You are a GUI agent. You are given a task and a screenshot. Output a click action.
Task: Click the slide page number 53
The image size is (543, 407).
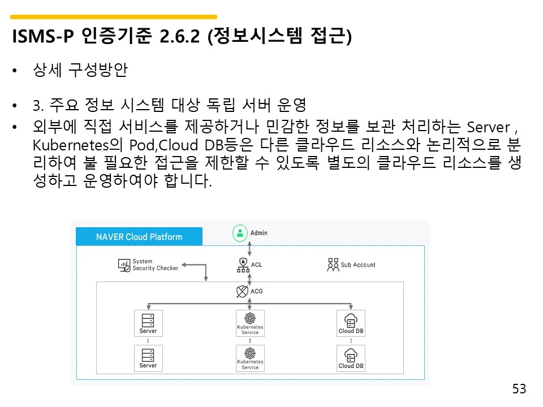coord(519,389)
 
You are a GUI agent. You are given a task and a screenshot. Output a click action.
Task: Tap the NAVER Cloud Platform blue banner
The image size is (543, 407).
coord(139,237)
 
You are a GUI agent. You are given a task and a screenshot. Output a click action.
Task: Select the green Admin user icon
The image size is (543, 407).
coord(241,232)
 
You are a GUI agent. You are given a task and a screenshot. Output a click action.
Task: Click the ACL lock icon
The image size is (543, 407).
coord(243,264)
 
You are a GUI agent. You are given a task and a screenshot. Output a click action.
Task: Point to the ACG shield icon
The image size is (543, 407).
coord(242,292)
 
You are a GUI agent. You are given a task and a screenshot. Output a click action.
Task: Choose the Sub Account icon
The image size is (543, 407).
coord(333,265)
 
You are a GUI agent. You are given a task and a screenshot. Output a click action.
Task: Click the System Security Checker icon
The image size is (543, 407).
coord(124,265)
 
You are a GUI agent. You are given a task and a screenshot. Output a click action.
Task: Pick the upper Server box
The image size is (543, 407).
coord(148,323)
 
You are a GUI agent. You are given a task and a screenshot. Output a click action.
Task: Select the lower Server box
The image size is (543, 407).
coord(148,358)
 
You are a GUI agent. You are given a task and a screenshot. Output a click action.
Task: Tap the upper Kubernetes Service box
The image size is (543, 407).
coord(250,323)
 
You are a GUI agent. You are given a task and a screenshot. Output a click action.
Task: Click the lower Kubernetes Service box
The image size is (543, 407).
coord(250,358)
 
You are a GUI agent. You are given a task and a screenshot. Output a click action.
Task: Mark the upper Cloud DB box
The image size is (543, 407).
coord(351,323)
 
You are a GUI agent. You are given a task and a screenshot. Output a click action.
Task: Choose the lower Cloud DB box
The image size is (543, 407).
coord(351,358)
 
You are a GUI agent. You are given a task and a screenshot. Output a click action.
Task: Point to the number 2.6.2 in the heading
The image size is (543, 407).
coord(180,37)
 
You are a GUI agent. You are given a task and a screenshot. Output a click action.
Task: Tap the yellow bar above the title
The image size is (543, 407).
coord(114,17)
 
